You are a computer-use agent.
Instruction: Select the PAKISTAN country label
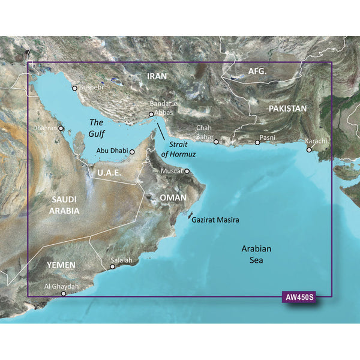click(x=287, y=109)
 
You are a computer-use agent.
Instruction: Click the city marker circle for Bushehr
click(x=74, y=88)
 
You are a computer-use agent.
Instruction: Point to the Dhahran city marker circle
click(x=61, y=128)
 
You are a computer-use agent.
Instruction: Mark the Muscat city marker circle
click(x=187, y=171)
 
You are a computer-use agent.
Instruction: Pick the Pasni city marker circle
click(x=257, y=143)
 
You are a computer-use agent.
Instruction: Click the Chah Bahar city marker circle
click(x=216, y=142)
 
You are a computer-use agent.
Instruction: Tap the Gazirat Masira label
click(x=215, y=220)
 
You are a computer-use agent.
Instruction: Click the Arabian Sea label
click(x=257, y=254)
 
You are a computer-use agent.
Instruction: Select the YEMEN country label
click(x=62, y=265)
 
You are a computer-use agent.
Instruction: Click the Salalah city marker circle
click(x=112, y=267)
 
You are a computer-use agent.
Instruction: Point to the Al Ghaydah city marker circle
click(x=64, y=294)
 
